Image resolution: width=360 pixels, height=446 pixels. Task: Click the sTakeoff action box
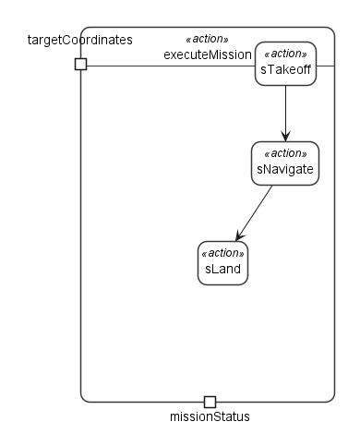tap(285, 64)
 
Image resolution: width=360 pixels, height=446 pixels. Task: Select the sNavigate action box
tap(285, 163)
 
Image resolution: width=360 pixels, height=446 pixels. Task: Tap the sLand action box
tap(222, 263)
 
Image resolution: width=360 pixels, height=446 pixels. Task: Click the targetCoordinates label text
tap(80, 40)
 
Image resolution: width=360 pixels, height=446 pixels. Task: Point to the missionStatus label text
tap(210, 416)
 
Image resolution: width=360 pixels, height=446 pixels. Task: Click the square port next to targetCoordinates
tap(81, 64)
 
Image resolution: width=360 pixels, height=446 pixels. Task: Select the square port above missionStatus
tap(210, 402)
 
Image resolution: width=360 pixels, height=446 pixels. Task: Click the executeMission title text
tap(208, 54)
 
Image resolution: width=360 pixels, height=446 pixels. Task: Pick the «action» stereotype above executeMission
tap(208, 39)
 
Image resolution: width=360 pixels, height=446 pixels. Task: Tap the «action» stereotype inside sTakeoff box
tap(285, 54)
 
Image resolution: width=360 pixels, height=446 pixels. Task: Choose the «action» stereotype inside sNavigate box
tap(285, 153)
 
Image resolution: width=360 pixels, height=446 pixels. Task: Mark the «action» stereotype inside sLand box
tap(222, 253)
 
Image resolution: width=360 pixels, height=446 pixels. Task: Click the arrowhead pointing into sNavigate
tap(285, 136)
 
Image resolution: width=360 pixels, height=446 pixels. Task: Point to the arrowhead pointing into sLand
tap(239, 235)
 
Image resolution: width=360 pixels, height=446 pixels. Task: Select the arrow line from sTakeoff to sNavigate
tap(285, 114)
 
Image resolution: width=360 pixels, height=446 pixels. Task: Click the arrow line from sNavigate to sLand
tap(254, 213)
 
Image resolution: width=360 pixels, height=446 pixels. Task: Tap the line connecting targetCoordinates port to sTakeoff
tap(171, 66)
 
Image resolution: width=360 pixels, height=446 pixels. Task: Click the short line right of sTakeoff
tap(326, 66)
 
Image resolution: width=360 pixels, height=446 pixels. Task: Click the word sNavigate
tap(285, 169)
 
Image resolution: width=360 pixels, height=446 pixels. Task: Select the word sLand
tap(222, 269)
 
